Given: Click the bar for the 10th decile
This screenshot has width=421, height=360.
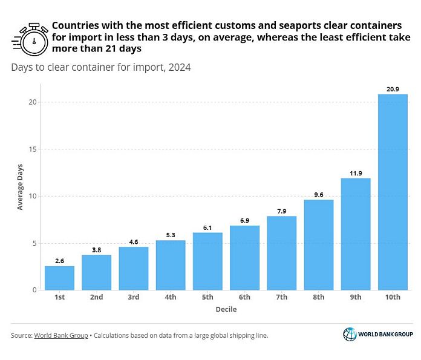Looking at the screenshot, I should (393, 192).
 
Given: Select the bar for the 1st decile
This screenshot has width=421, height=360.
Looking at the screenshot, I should (59, 278).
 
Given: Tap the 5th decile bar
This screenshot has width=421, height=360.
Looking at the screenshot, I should (207, 261).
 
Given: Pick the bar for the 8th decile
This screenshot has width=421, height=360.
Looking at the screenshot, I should (319, 245).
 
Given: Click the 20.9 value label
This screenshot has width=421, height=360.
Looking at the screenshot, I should (393, 89).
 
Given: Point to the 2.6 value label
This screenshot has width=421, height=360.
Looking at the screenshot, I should (59, 261).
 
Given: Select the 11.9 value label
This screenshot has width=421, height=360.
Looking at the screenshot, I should (356, 173).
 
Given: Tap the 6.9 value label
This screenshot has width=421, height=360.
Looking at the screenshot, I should (244, 220).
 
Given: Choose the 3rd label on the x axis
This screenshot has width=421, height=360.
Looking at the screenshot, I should (134, 298).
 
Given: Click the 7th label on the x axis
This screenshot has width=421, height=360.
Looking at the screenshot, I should (282, 298).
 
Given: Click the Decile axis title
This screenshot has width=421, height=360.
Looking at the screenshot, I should (226, 310).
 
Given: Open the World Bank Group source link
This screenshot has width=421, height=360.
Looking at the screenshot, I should (60, 335).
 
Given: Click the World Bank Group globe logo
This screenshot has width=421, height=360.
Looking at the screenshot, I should (350, 335).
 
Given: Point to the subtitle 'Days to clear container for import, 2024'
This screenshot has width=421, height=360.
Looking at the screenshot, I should (100, 67).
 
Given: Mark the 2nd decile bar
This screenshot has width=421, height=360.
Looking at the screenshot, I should (97, 273).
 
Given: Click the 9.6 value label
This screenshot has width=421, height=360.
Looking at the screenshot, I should (319, 194).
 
